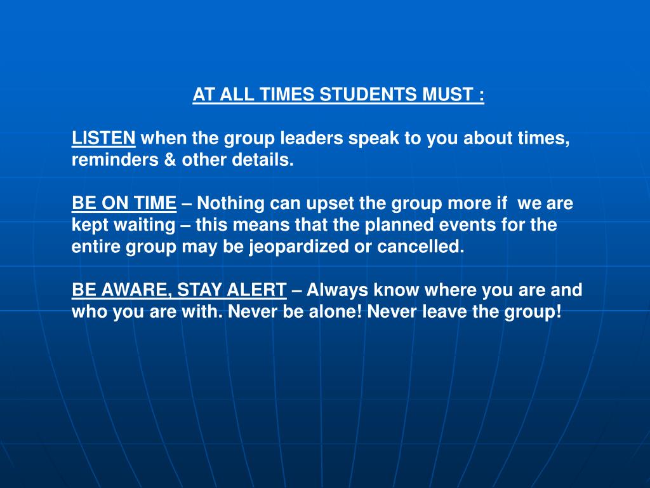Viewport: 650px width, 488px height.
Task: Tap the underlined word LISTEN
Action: (x=103, y=139)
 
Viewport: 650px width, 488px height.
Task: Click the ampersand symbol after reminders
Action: (x=171, y=160)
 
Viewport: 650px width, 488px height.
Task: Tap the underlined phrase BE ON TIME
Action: (x=124, y=203)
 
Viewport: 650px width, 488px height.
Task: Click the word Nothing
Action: (x=232, y=203)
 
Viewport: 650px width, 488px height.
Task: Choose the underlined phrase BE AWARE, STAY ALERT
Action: (x=179, y=290)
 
